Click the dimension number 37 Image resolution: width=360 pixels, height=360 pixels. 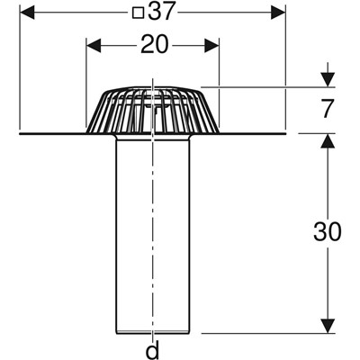point(161,13)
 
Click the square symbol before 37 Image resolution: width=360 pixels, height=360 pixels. point(139,13)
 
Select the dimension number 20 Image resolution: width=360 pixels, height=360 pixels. point(155,44)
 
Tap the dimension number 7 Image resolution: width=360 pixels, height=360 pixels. point(327,109)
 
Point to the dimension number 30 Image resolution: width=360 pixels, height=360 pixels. point(328,231)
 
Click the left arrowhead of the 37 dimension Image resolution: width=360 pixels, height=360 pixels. point(27,13)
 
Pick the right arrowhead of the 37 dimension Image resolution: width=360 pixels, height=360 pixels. point(278,13)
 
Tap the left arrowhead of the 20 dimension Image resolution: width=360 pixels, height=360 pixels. point(94,46)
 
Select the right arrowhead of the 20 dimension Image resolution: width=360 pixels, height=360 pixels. point(212,46)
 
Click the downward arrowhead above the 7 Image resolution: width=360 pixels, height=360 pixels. point(327,79)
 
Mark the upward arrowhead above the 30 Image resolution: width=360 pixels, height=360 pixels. point(327,140)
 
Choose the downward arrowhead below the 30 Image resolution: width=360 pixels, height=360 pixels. point(327,326)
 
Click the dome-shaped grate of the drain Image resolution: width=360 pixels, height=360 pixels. point(152,110)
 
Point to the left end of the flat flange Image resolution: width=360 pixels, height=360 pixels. point(20,133)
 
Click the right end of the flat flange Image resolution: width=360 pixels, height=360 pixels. point(285,133)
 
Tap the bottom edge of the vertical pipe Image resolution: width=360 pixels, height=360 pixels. point(153,332)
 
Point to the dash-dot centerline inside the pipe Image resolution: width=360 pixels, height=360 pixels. point(153,234)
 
